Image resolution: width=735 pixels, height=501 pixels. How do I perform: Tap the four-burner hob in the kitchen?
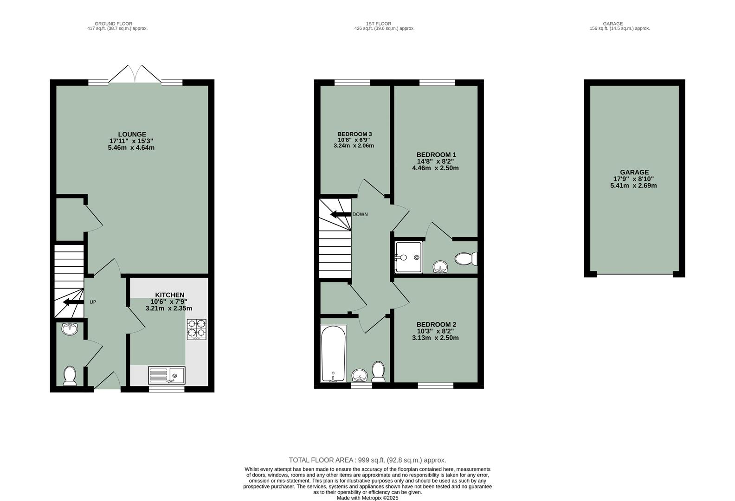pos(196,329)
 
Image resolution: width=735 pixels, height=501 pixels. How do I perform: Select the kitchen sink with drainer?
pos(167,375)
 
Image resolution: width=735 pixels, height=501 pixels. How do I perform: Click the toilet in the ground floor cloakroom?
pos(70,375)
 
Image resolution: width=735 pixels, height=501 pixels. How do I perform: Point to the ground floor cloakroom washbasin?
pos(70,329)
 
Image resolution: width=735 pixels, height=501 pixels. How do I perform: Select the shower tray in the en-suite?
pos(408,257)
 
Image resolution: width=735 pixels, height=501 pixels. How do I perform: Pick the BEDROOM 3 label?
pos(354,134)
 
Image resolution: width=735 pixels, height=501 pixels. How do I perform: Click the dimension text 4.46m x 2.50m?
pos(435,168)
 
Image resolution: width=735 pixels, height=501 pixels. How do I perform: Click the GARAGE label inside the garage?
pos(634,172)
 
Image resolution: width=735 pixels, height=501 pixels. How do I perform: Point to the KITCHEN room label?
pos(169,295)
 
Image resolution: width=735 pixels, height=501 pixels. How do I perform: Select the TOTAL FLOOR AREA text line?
pos(367,460)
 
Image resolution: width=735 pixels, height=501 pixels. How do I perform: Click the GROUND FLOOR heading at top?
pos(113,24)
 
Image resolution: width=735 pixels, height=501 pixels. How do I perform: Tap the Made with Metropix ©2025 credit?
pos(367,498)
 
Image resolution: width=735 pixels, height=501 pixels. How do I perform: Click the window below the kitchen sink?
pos(166,389)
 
